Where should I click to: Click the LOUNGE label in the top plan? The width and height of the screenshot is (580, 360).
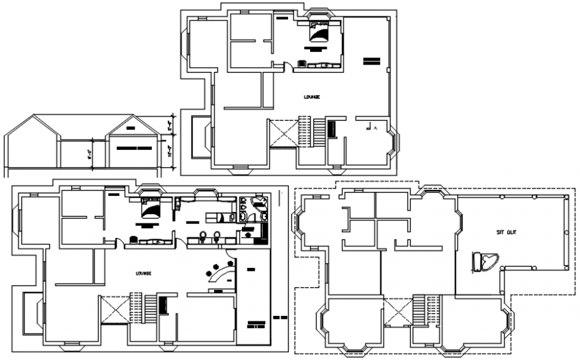pos(311,97)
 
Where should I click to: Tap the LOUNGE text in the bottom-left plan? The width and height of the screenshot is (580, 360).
pos(143,273)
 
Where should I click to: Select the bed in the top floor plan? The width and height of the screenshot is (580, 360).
pos(317,32)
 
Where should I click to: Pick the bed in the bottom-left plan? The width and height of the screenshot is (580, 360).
pos(151,210)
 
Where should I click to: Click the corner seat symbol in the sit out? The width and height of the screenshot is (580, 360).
pos(485,261)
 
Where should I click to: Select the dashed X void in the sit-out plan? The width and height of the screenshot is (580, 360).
pos(397,313)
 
